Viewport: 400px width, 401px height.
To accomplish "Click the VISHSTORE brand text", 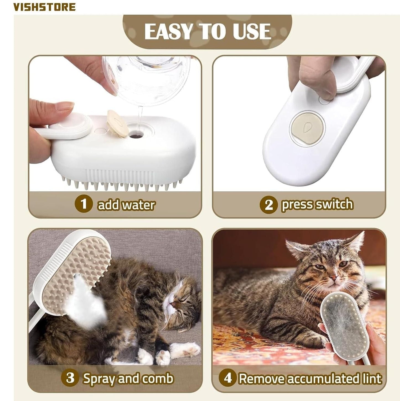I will [45, 7].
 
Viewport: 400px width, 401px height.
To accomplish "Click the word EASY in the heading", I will [168, 31].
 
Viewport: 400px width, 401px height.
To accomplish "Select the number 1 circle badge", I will [83, 204].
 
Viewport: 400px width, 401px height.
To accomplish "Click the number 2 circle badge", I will [269, 205].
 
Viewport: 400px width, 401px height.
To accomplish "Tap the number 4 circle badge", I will [228, 378].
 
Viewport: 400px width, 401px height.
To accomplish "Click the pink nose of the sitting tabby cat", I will [334, 277].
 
